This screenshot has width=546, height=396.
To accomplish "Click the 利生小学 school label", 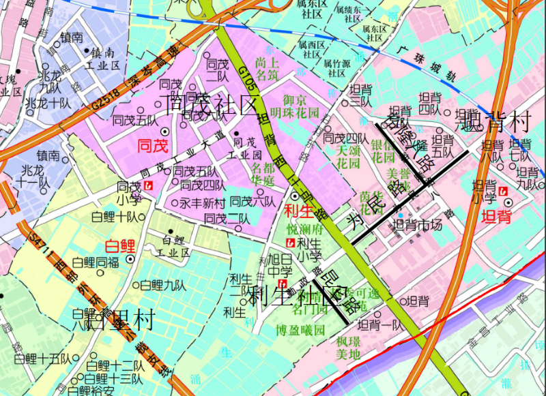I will point(309,249).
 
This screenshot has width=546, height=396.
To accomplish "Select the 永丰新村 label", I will point(202,203).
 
